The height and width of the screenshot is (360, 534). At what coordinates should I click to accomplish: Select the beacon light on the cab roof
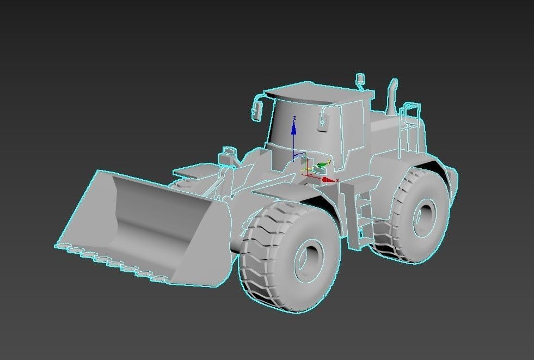pyautogui.click(x=359, y=81)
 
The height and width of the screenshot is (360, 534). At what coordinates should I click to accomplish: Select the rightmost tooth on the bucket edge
pyautogui.click(x=159, y=279)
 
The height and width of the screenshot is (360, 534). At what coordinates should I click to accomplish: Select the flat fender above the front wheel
pyautogui.click(x=278, y=191)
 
